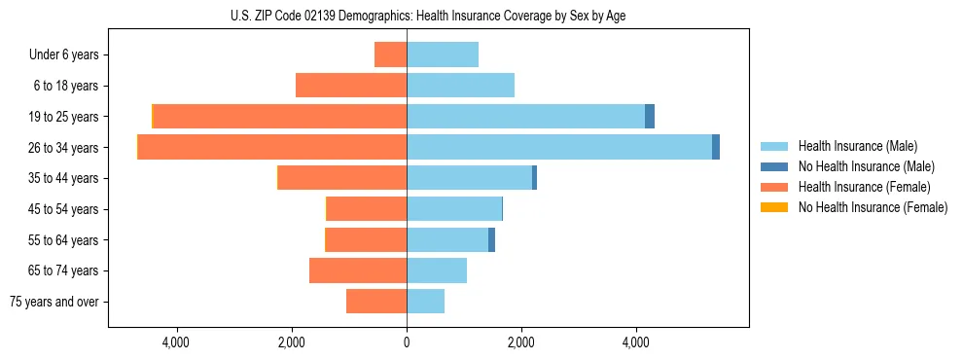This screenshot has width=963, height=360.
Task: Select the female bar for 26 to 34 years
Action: [272, 147]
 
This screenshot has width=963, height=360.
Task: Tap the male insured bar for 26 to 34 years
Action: [559, 147]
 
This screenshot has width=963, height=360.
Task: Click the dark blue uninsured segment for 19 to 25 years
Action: [650, 117]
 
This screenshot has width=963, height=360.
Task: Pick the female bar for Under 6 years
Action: [390, 54]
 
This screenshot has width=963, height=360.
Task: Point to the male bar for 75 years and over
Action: [425, 302]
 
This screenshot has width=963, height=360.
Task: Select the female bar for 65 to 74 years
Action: [357, 270]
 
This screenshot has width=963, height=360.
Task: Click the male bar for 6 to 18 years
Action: [460, 86]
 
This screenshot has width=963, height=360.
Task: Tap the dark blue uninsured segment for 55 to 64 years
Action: [491, 239]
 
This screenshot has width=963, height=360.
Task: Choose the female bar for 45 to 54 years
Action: [366, 209]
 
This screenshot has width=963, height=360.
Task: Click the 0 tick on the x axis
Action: [407, 342]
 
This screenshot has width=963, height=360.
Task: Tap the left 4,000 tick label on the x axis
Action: [176, 342]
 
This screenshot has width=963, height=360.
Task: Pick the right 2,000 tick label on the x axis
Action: [521, 342]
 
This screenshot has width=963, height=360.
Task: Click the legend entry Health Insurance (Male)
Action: [857, 146]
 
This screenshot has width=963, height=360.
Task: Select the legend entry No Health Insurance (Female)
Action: [873, 207]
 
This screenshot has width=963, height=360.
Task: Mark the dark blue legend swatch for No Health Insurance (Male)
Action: [774, 166]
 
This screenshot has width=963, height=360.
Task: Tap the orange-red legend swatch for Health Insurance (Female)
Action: [774, 187]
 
